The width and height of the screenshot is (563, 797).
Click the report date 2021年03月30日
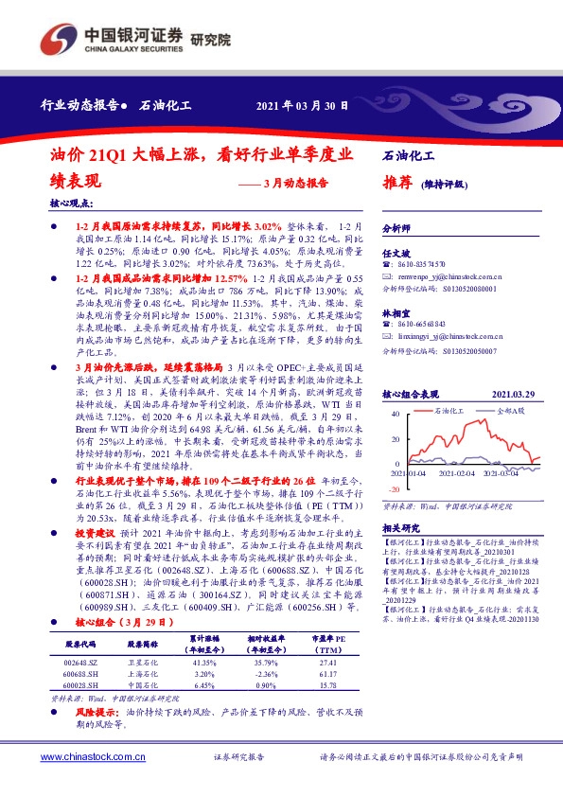[304, 105]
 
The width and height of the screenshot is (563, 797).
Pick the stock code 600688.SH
[80, 674]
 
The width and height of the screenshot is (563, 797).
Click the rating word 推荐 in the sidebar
[397, 183]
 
